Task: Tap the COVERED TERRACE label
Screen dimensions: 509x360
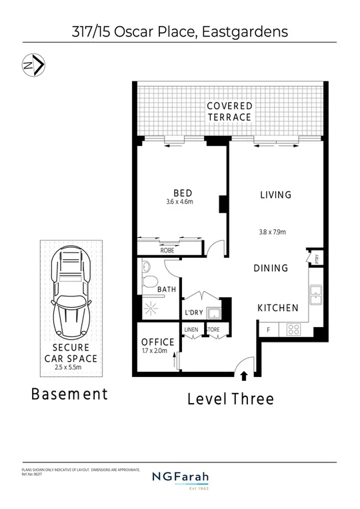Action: pos(229,111)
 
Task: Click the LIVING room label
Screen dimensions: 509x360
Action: pos(275,195)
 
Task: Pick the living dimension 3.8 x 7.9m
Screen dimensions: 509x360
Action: pos(272,233)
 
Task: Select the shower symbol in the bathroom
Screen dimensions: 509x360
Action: pos(150,306)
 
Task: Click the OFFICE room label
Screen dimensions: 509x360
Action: pos(158,342)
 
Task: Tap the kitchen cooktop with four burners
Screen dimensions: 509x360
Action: pos(293,329)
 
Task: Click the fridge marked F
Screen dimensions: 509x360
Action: pos(268,330)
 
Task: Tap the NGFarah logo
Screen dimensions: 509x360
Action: pos(180,479)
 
